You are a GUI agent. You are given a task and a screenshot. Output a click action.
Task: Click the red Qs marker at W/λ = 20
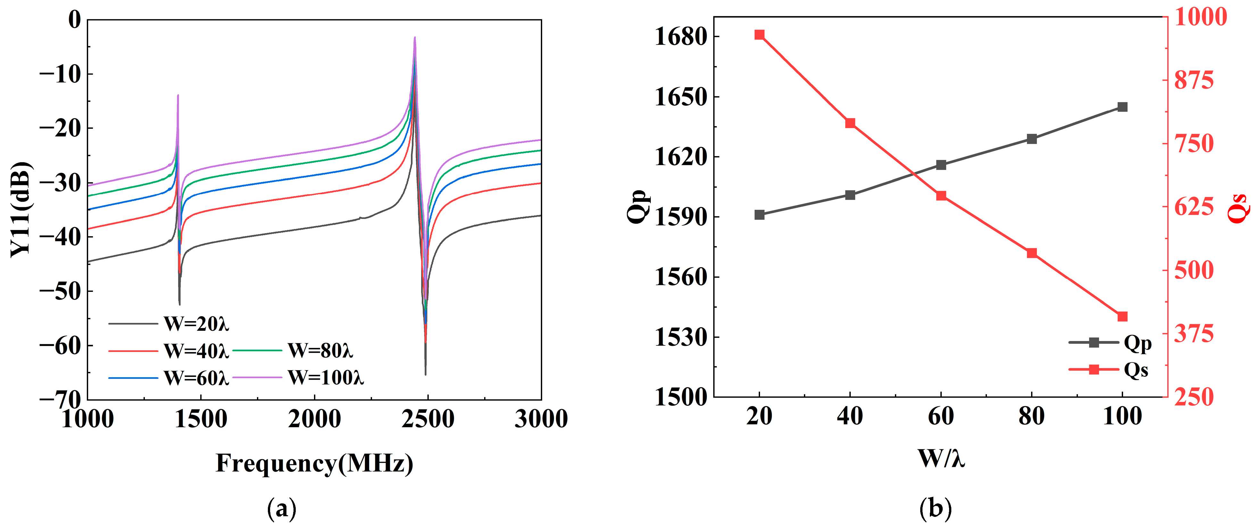pos(759,35)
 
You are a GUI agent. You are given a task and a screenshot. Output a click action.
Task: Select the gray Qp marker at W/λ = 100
pos(1122,107)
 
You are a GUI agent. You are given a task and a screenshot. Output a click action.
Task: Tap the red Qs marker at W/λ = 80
pos(1031,253)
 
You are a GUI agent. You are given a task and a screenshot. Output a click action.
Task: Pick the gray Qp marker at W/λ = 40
pos(850,195)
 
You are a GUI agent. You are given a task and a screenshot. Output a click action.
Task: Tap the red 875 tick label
pos(1194,80)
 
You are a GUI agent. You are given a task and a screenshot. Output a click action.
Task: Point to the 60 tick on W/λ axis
pos(941,416)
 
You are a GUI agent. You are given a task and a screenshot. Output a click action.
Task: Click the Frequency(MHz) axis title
pos(314,463)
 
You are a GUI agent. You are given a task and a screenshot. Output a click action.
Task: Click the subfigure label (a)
pos(282,509)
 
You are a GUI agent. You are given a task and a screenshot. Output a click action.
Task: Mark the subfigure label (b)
pos(935,509)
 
